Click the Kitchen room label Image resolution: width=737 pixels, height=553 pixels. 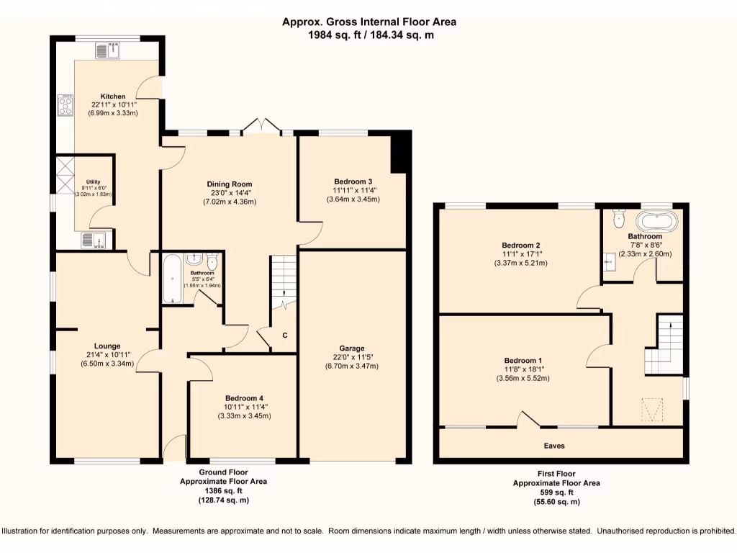point(112,96)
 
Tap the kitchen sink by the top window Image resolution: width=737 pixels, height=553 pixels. point(110,50)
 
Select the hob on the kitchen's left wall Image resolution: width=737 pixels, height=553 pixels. point(65,106)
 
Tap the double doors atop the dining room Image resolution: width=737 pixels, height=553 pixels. point(261,126)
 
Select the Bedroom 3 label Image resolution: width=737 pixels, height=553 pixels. point(353,181)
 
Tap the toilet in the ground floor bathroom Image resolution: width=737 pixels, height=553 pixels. point(212,261)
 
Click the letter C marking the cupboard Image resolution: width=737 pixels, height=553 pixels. point(285,336)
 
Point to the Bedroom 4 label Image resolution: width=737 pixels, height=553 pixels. point(243,398)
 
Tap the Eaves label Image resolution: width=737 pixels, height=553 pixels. point(554,446)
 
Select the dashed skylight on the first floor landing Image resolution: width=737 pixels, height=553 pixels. point(653,410)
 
